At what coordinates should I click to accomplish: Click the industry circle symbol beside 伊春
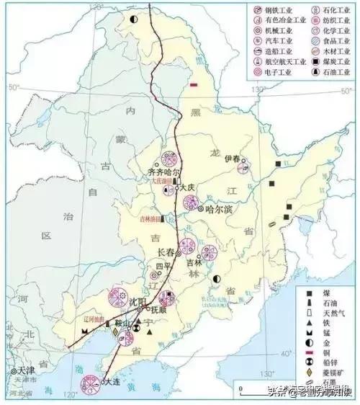point(243,170)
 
